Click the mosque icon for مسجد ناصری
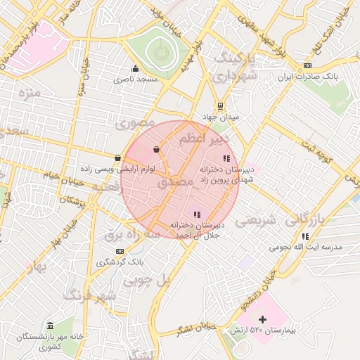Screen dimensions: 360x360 pos(136,68)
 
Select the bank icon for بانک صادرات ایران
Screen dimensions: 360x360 pos(307,66)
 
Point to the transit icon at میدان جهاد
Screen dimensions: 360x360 pos(221,107)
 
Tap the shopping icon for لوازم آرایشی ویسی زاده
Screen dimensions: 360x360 pos(117,157)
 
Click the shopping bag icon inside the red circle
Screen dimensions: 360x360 pos(156,149)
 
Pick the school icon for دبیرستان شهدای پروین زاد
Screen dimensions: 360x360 pos(226,158)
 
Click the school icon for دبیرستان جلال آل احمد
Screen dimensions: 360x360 pos(197,214)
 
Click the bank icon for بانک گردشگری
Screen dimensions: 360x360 pos(120,251)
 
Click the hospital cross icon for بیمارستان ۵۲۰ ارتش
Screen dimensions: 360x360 pos(263,320)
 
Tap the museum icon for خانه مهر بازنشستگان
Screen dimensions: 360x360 pos(50,326)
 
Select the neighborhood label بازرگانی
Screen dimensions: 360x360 pos(314,220)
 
